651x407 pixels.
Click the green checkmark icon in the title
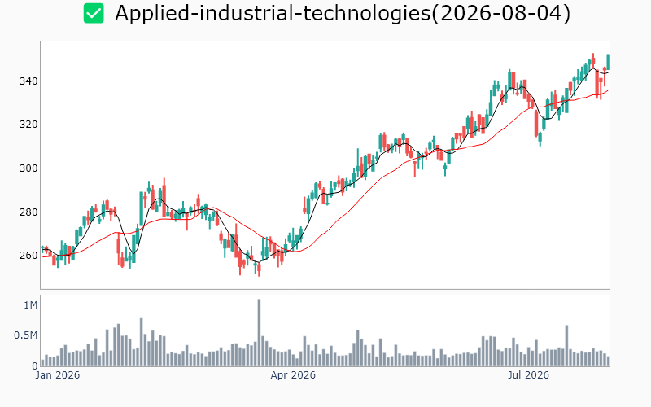click(x=94, y=13)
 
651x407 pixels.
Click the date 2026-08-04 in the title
click(x=500, y=13)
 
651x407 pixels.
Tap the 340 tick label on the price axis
click(x=28, y=81)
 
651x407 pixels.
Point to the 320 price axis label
click(x=28, y=125)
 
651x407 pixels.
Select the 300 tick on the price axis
click(x=28, y=168)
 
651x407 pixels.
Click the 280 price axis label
click(x=28, y=212)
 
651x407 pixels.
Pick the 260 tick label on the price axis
click(x=28, y=256)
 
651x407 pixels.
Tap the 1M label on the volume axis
click(x=31, y=305)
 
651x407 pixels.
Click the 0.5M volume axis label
click(x=26, y=335)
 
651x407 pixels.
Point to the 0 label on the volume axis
click(x=35, y=366)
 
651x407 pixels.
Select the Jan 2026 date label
click(x=57, y=375)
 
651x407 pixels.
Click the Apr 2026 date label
click(x=293, y=375)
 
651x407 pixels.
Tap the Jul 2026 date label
click(x=528, y=375)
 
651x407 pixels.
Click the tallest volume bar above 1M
click(x=259, y=333)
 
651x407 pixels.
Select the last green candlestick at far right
click(x=609, y=62)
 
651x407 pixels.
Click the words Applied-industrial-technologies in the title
click(x=273, y=13)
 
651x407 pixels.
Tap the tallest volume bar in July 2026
click(x=566, y=345)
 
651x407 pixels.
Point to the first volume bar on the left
click(x=42, y=363)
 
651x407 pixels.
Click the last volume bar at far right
click(x=609, y=361)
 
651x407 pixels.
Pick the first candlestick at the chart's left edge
click(x=42, y=248)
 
